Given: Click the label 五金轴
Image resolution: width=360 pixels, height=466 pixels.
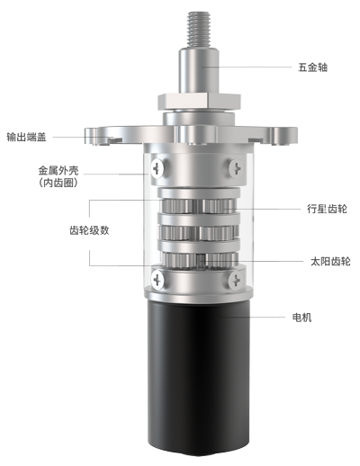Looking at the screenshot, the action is pos(312,67).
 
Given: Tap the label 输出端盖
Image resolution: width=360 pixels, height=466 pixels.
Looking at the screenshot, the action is pos(26,137).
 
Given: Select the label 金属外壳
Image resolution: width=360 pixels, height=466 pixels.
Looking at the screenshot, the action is pos(58,170).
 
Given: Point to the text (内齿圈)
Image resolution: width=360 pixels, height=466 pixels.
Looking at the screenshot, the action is pos(58,183).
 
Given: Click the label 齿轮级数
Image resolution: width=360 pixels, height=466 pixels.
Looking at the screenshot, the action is pos(89,230).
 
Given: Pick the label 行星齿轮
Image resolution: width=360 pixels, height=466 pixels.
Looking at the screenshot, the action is pos(327,209).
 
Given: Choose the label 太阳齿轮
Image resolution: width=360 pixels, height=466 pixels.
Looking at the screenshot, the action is pos(330,261).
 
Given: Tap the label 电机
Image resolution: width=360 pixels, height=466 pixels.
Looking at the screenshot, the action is pos(301,318).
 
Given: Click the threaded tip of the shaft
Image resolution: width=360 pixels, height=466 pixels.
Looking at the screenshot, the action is pos(199,29).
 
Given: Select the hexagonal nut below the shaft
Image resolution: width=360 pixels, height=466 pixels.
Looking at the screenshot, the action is pos(199,102).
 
